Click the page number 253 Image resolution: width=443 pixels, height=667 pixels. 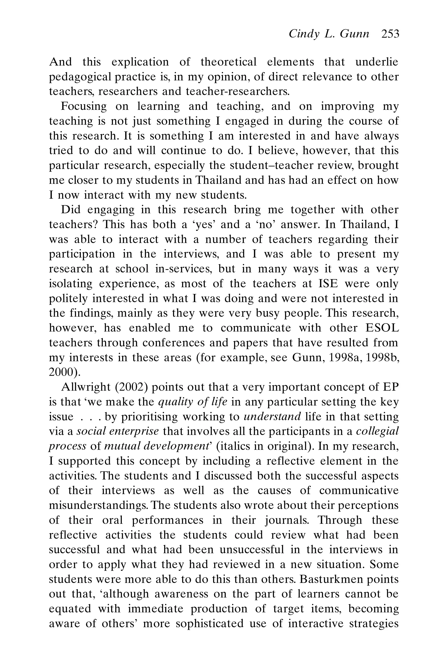[x=390, y=34]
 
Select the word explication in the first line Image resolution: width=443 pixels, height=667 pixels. [x=140, y=62]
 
